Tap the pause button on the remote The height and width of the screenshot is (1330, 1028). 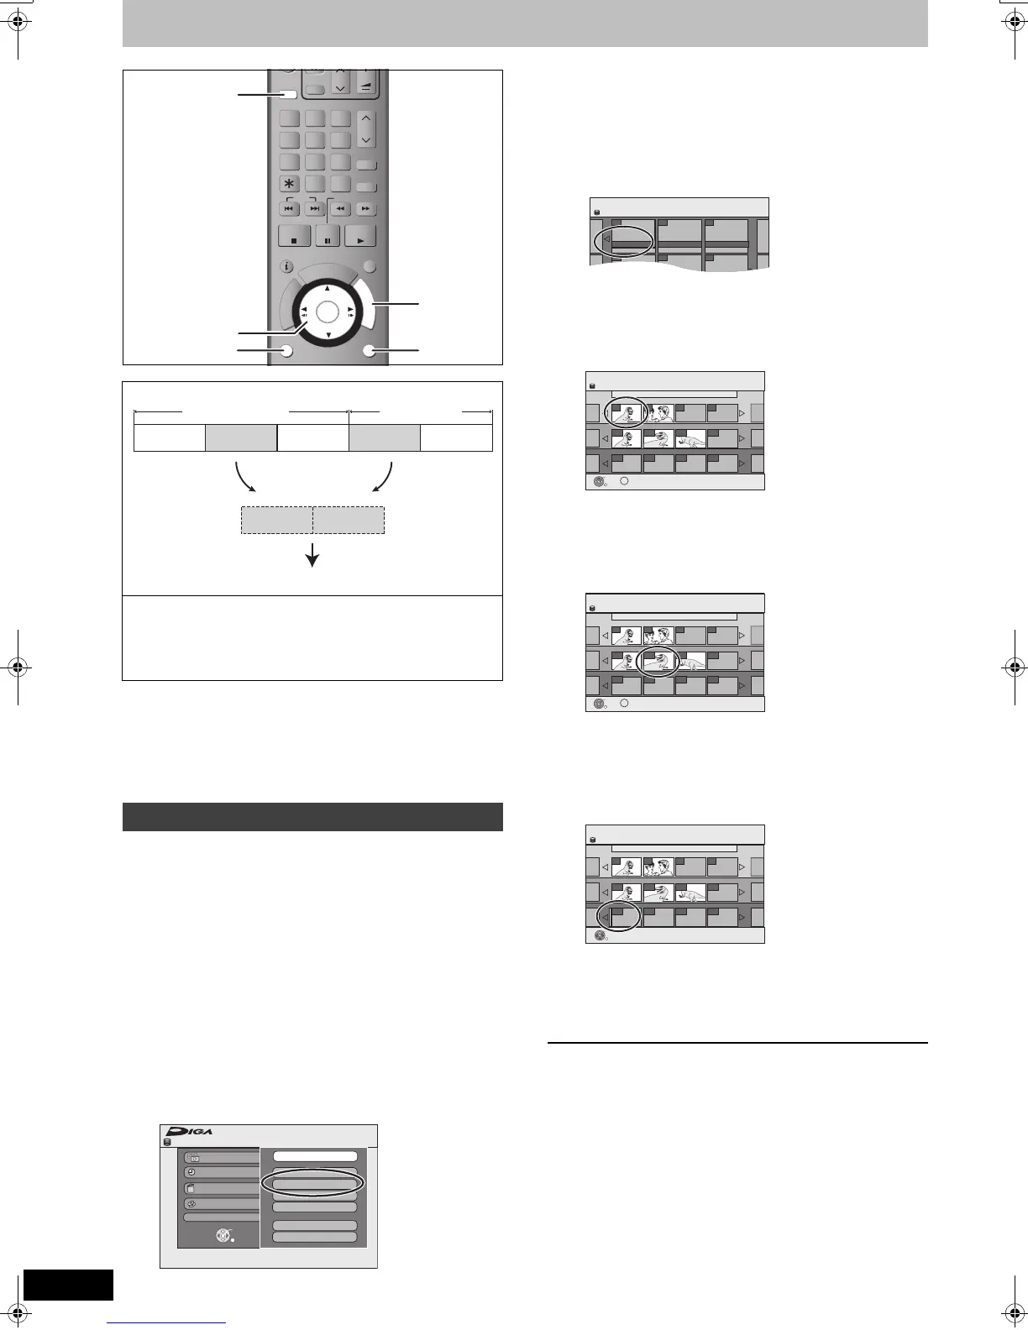328,238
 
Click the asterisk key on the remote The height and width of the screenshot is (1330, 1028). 290,184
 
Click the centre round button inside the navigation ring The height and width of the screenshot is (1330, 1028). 328,312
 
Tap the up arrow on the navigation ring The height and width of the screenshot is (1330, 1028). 328,288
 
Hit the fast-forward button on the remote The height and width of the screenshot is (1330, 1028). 365,208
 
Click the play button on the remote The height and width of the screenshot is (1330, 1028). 360,238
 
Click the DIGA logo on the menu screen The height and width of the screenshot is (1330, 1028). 189,1131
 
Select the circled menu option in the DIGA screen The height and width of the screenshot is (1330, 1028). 313,1182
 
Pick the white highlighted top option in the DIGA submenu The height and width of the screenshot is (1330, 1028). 315,1156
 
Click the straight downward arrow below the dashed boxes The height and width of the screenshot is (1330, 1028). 313,554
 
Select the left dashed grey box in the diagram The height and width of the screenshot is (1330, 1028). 276,520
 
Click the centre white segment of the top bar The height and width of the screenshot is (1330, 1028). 312,437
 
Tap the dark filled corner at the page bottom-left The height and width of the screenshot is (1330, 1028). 68,1285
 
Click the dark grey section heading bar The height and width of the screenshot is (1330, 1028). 312,816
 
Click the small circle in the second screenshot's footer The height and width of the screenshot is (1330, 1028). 625,481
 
